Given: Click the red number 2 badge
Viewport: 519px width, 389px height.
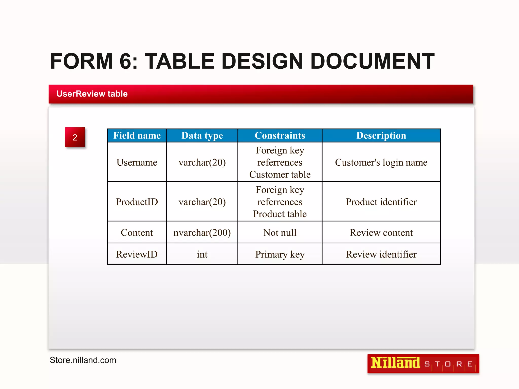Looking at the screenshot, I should click(75, 137).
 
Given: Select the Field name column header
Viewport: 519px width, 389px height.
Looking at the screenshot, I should click(137, 135).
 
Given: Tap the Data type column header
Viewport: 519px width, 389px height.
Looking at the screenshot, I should click(202, 135).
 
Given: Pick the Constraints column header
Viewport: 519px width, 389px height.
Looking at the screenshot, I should click(280, 135).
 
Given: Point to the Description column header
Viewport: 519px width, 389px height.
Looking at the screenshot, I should click(381, 135).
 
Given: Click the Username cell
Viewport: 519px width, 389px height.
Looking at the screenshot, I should click(137, 162).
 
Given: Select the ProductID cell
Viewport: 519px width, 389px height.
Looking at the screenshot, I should click(137, 202).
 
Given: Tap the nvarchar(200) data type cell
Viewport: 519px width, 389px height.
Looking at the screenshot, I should click(202, 232).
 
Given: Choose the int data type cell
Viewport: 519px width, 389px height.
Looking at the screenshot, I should click(202, 254).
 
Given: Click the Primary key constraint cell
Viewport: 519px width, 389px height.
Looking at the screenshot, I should click(280, 254).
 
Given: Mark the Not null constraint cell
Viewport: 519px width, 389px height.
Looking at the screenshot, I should click(280, 232).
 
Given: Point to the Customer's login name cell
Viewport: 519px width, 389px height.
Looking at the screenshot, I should click(381, 162).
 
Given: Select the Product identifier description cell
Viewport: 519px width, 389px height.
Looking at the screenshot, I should click(381, 202).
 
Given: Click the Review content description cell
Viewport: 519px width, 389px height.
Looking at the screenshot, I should click(381, 232).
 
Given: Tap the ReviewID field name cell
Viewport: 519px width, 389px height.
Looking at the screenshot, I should click(137, 254).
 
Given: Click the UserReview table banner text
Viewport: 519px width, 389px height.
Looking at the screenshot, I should click(92, 94).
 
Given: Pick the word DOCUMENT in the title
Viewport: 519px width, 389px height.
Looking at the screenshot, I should click(372, 61).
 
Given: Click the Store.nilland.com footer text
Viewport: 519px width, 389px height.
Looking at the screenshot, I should click(83, 360).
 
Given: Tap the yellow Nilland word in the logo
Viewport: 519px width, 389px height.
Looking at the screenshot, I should click(395, 363).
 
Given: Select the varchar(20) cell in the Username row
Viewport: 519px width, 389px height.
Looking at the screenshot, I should click(202, 162).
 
